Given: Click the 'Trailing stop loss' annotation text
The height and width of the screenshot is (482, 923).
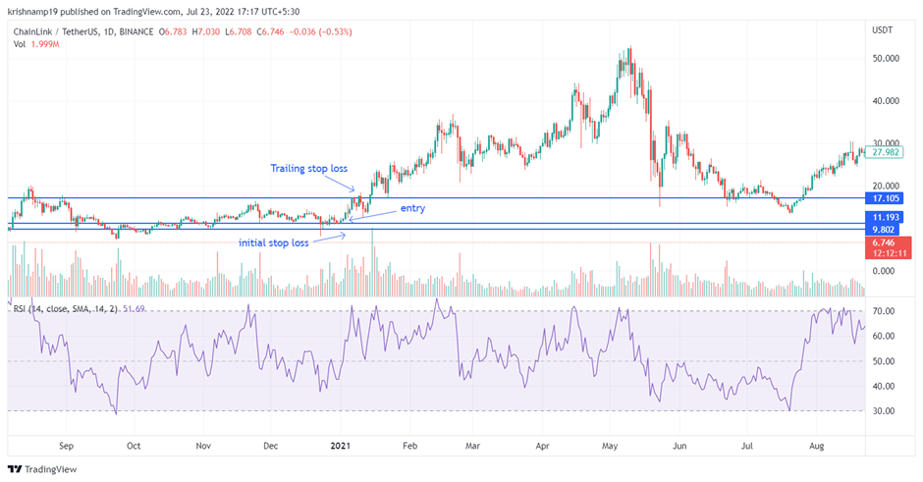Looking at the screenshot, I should [309, 169].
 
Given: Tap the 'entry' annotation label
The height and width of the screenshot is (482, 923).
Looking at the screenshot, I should [412, 209].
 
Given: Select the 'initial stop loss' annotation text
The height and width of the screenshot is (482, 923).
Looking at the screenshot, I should [274, 241].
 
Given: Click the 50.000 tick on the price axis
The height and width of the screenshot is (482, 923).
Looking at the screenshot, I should [886, 58].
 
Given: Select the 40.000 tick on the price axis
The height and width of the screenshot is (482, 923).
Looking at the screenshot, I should [886, 100].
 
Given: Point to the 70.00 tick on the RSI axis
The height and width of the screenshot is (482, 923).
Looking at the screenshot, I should [884, 311].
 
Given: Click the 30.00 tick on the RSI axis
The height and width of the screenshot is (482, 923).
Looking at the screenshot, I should [884, 411].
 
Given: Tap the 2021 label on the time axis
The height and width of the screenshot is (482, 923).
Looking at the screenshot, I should [341, 445].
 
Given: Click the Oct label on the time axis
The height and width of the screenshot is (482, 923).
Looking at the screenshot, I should [134, 445].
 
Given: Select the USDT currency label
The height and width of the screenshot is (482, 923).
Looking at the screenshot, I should [884, 31].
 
